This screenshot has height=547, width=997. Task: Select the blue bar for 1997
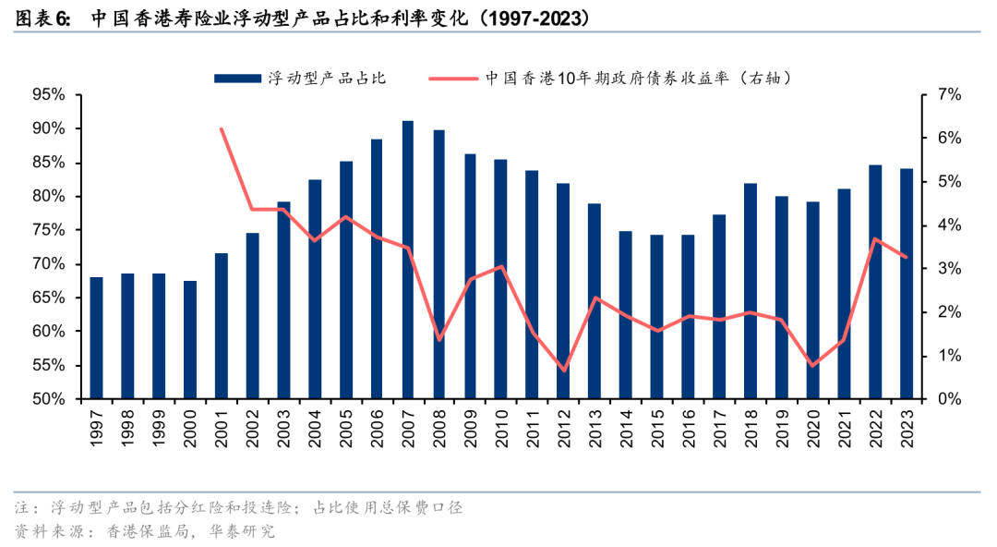(96, 338)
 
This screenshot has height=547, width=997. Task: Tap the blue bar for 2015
(657, 317)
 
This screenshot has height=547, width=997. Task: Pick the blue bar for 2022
(875, 282)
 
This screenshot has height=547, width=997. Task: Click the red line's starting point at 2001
(222, 129)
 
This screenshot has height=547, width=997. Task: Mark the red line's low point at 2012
(564, 371)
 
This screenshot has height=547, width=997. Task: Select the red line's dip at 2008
(439, 340)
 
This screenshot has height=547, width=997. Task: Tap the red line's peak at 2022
(875, 239)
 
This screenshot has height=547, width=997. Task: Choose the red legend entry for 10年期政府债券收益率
(637, 79)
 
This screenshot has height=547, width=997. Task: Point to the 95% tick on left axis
(48, 94)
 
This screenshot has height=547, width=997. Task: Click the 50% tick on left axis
(48, 399)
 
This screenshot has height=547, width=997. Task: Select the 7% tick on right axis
(950, 94)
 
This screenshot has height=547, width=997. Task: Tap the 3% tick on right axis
(950, 269)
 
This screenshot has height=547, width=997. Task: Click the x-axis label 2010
(501, 427)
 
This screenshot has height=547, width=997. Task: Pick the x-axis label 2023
(907, 427)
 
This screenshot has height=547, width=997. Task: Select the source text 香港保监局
(144, 531)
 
